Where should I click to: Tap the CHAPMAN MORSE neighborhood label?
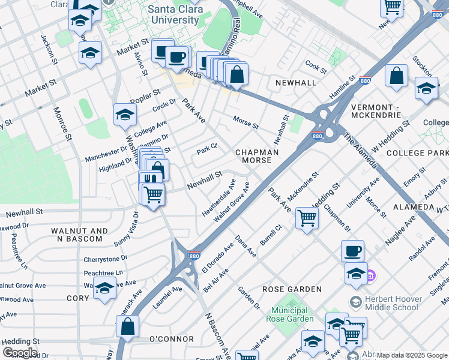(x=257, y=157)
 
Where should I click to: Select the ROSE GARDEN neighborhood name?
(x=292, y=289)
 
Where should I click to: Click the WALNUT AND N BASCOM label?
(x=77, y=235)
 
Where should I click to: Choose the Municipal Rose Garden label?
(x=289, y=314)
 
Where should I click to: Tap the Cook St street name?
(x=315, y=64)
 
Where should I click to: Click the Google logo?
(x=20, y=352)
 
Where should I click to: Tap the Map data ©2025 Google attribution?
(x=412, y=355)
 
